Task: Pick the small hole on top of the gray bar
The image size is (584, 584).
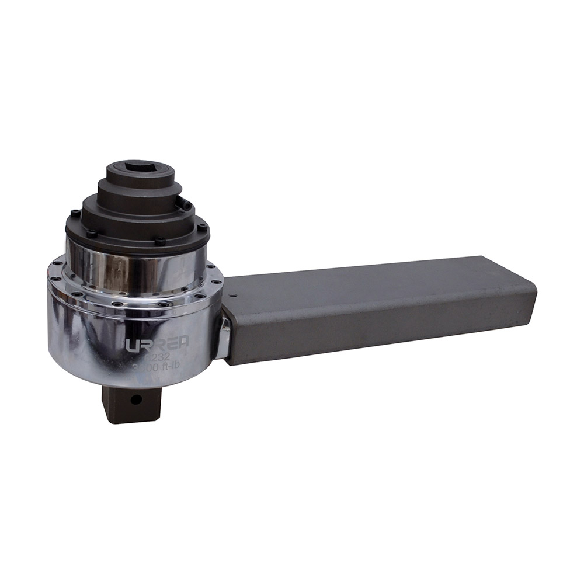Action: pyautogui.click(x=235, y=297)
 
